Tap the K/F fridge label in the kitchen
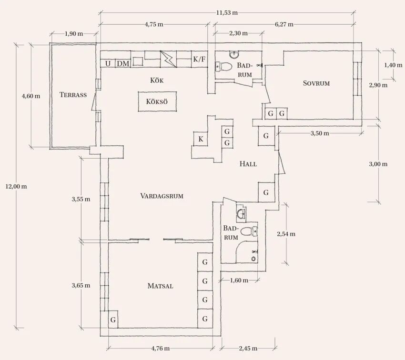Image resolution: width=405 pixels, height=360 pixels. (199, 60)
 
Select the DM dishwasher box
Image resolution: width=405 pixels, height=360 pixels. (123, 63)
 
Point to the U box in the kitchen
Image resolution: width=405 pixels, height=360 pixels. (108, 63)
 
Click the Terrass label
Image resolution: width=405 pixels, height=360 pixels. (73, 95)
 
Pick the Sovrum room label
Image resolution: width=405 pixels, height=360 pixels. (316, 83)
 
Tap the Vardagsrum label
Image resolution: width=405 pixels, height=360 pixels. (162, 196)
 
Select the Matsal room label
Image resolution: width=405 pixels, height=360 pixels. (160, 286)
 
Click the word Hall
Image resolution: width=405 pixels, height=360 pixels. (248, 164)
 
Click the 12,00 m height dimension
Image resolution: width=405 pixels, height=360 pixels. (16, 186)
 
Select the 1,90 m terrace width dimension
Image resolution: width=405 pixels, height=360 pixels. (73, 34)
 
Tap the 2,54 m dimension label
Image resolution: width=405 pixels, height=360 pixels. (286, 234)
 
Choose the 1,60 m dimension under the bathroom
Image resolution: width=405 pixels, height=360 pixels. (239, 280)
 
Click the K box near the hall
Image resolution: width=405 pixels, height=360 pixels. (201, 139)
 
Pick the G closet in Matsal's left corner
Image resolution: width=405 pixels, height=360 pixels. (113, 320)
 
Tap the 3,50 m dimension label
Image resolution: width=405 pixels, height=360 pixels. (320, 133)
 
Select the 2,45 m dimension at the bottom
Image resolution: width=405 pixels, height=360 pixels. (247, 348)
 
